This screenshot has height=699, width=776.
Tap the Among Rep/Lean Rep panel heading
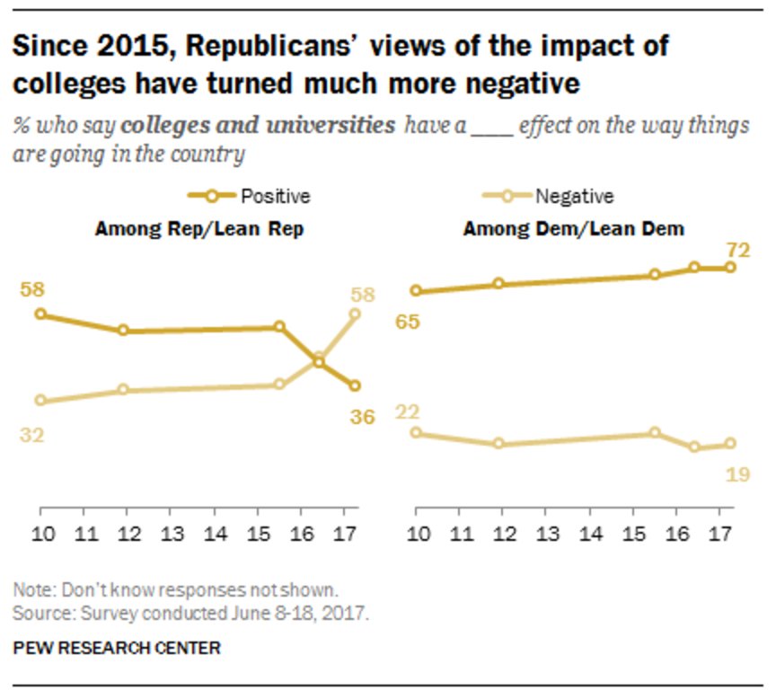[198, 229]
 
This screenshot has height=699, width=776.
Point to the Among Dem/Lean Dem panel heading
[574, 229]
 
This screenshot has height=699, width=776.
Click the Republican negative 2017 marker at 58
[355, 314]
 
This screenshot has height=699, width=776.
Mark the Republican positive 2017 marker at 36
[355, 385]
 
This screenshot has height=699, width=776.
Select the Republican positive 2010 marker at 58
[40, 314]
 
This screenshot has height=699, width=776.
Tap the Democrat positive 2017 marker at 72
[730, 267]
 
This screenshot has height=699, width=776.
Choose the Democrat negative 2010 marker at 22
[416, 432]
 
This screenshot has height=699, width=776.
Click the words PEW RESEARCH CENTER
[117, 647]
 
